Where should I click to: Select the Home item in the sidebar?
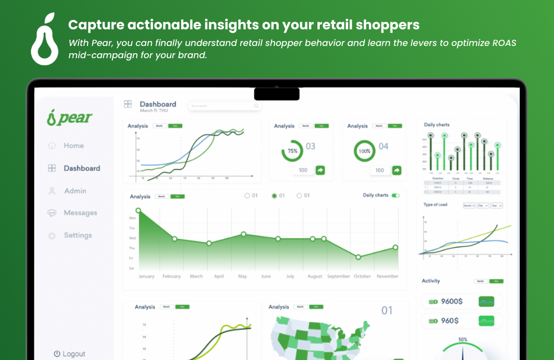coord(73,146)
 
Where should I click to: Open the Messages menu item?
coord(80,213)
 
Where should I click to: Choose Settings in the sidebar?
coord(78,235)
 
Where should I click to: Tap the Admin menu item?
coord(75,191)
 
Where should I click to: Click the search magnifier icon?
coord(256,106)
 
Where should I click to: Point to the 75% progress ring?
coord(292,151)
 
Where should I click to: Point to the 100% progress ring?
coord(365,151)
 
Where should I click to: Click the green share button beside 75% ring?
coord(320,170)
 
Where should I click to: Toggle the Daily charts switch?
coord(396,196)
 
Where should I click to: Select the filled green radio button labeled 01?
coord(274,196)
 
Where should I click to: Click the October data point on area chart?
coord(358,257)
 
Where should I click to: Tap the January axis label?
coord(146,276)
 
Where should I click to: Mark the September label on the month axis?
coord(338,276)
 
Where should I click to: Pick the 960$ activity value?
coord(449,321)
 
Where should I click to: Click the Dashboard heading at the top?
coord(158,104)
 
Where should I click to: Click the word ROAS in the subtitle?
coord(502,43)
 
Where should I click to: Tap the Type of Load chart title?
coord(435,205)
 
